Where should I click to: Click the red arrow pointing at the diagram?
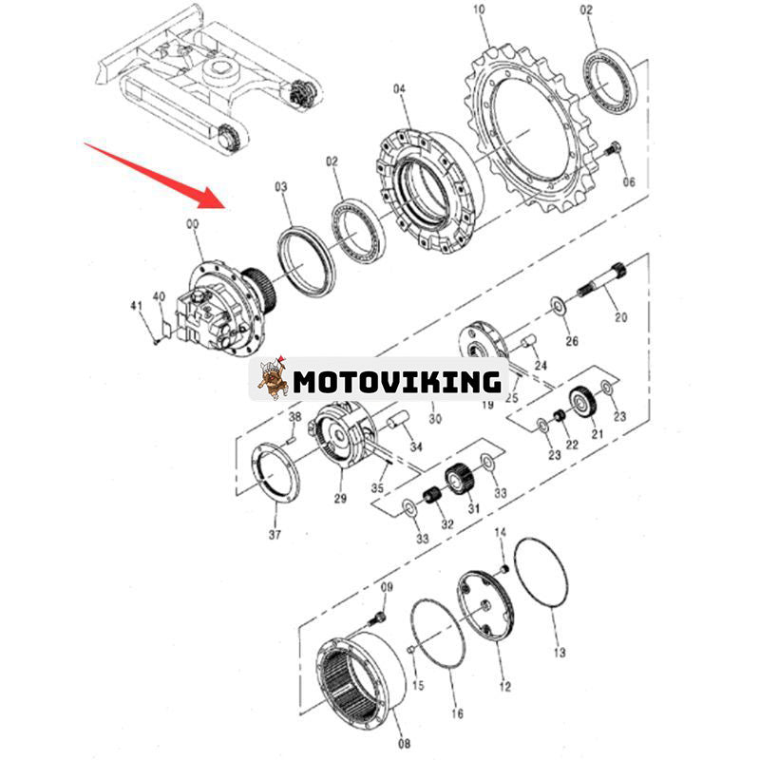[x=156, y=176]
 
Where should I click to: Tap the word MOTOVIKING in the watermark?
[x=397, y=382]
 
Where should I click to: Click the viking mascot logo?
[x=272, y=378]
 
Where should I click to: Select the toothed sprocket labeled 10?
[x=528, y=129]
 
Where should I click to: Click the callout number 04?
[x=399, y=89]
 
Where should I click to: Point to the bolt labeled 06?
[x=613, y=148]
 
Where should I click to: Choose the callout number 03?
[x=281, y=186]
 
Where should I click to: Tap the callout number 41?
[x=137, y=306]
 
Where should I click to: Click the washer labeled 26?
[x=558, y=306]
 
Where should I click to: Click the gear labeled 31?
[x=459, y=479]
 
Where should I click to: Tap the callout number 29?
[x=340, y=498]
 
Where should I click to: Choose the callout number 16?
[x=457, y=713]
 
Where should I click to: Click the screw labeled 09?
[x=379, y=618]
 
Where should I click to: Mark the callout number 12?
[x=505, y=686]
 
